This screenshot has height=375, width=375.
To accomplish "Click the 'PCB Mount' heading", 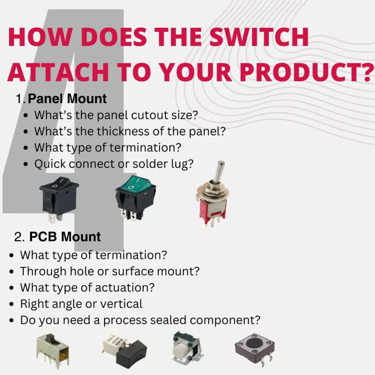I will [65, 237].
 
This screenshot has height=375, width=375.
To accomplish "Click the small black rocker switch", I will [54, 198].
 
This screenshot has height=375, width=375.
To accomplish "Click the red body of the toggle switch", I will [210, 212].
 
